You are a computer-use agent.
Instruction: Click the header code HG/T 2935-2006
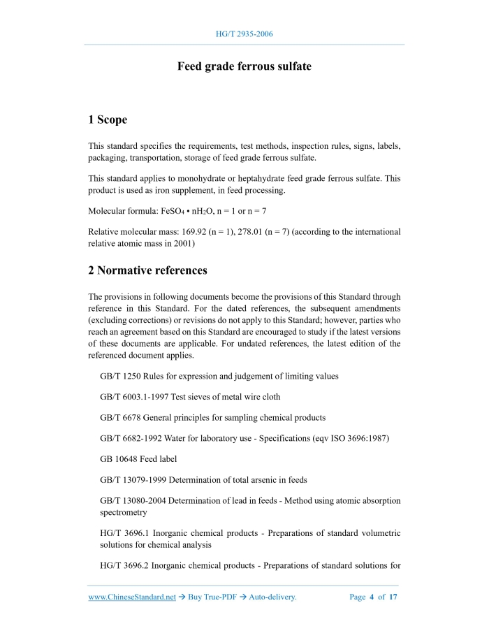[x=244, y=34]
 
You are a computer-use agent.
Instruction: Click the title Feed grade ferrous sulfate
[x=244, y=67]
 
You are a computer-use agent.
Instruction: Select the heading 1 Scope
[x=108, y=120]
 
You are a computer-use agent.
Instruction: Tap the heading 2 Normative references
[x=147, y=270]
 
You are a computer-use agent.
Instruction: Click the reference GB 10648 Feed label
[x=138, y=459]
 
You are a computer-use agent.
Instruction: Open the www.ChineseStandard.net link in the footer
[x=132, y=597]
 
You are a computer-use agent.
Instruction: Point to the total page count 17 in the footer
[x=393, y=597]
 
